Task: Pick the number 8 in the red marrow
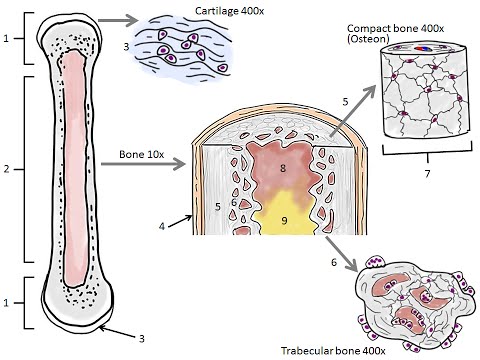point(283,170)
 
